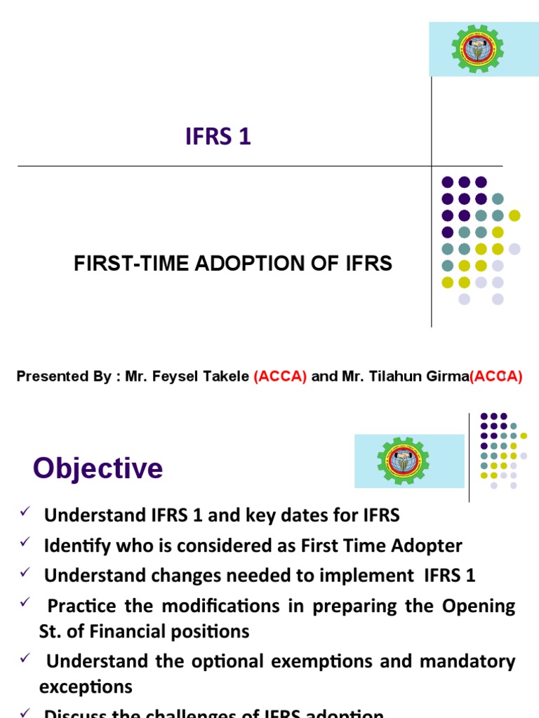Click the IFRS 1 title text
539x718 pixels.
point(218,137)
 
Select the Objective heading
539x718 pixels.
point(98,468)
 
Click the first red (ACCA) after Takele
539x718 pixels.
point(280,377)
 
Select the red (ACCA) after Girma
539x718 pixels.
point(496,377)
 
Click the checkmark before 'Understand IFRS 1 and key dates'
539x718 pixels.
point(23,514)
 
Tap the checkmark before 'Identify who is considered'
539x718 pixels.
point(23,543)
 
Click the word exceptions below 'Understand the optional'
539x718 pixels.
point(86,686)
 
